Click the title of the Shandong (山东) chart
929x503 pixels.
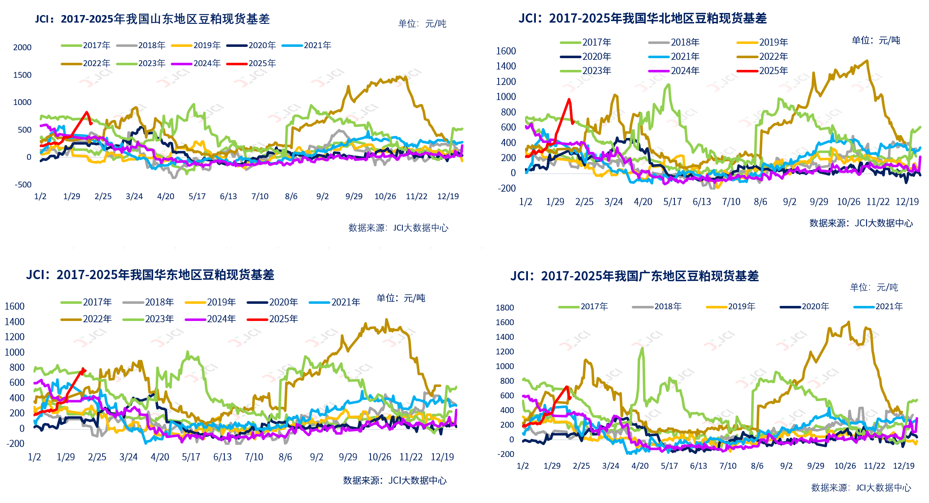tap(152, 19)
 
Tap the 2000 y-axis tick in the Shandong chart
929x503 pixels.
tap(22, 48)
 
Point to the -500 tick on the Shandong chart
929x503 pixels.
tap(23, 185)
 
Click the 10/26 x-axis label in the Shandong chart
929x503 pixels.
tap(385, 197)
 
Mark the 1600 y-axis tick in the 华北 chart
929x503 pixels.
tap(506, 51)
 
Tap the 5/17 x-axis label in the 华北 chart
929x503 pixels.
tap(672, 202)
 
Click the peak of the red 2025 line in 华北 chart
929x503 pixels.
tap(569, 100)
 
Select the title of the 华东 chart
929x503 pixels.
tap(150, 275)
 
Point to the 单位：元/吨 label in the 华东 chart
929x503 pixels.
tap(401, 298)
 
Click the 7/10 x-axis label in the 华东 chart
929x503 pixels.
tap(254, 457)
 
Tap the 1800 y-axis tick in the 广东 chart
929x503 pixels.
tap(504, 308)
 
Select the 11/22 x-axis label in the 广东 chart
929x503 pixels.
tap(875, 466)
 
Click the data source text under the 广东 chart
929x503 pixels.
tap(861, 488)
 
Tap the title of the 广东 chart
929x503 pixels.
tap(634, 276)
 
